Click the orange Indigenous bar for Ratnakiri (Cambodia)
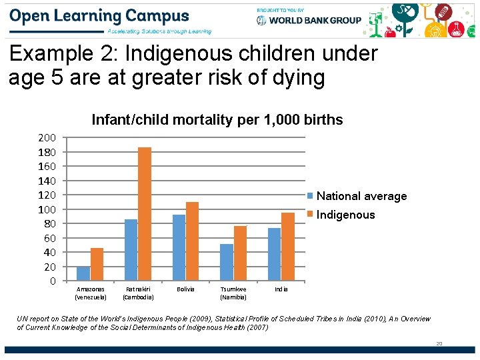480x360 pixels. tap(144, 213)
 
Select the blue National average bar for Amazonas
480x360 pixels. tap(83, 273)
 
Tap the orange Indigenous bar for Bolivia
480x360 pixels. tap(192, 241)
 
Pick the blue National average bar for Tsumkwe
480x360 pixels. tap(227, 262)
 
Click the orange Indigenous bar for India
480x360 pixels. tap(287, 246)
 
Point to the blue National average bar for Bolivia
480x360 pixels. tap(179, 247)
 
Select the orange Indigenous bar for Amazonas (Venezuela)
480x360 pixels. tap(97, 264)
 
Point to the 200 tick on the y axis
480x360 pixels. tap(47, 138)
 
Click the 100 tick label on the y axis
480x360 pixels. tap(47, 209)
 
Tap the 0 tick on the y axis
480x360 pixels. tap(52, 281)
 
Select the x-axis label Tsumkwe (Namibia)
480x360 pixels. tap(233, 293)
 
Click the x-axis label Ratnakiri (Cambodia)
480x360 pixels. tap(138, 293)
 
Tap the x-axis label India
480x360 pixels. tap(281, 289)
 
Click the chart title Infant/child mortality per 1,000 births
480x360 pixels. tap(217, 120)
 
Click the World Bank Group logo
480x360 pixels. tap(309, 20)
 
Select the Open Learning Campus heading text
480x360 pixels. tap(99, 16)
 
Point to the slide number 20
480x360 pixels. tap(439, 343)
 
